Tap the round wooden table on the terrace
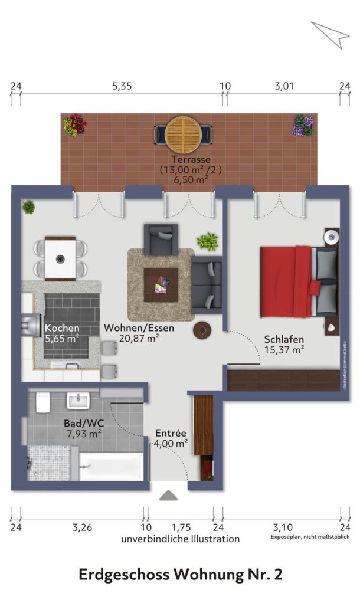click(x=182, y=134)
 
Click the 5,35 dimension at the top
click(x=122, y=86)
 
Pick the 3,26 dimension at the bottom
click(x=82, y=528)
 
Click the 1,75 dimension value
click(x=182, y=528)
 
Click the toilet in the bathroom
click(x=43, y=404)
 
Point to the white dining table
click(x=60, y=258)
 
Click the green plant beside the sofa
click(x=207, y=241)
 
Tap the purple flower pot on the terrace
click(x=303, y=125)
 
